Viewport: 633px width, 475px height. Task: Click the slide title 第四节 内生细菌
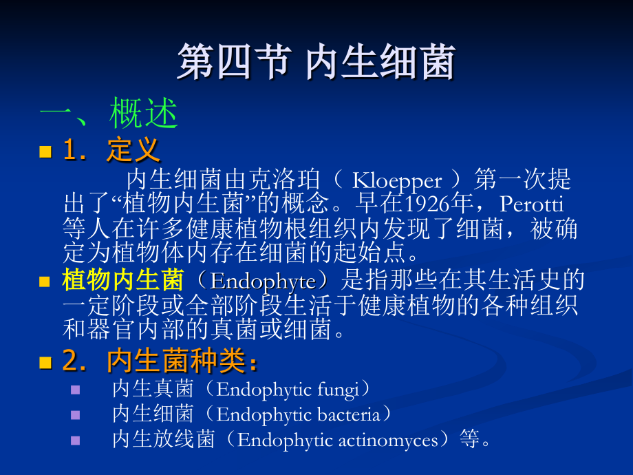coord(316,63)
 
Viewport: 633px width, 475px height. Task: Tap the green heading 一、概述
coord(109,114)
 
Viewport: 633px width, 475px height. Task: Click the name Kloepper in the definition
coord(397,180)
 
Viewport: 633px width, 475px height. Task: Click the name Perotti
coord(532,204)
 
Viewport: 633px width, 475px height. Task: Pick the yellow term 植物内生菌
coord(122,280)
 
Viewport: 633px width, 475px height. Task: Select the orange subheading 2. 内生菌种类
coord(160,361)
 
